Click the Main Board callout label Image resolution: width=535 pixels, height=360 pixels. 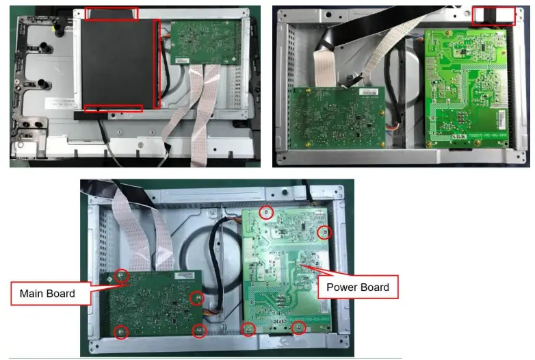[51, 294]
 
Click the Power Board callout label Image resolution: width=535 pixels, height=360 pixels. [358, 287]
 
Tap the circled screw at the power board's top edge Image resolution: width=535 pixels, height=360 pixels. [266, 213]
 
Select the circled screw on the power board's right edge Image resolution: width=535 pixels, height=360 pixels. [324, 233]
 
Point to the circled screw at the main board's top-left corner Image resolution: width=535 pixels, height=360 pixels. [121, 275]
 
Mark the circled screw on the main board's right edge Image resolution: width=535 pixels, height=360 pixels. [197, 298]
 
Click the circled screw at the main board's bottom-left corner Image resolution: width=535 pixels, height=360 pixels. [121, 332]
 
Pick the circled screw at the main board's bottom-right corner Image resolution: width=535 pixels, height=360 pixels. [199, 331]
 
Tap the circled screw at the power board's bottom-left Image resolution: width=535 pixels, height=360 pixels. [248, 330]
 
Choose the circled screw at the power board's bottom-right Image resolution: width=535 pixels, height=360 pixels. [298, 328]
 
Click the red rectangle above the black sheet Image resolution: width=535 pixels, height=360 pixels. [112, 14]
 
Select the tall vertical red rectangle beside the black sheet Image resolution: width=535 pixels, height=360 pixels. [157, 64]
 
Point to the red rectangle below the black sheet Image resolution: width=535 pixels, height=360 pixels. [114, 108]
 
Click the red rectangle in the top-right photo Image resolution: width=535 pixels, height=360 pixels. [493, 16]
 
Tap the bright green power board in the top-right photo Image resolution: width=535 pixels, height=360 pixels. [466, 88]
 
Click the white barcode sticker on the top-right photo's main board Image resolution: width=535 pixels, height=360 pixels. [369, 92]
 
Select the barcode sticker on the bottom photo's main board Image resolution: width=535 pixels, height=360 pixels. [185, 275]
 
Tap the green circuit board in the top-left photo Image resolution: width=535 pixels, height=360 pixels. [206, 42]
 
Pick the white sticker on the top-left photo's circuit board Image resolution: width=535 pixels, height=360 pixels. [182, 61]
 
